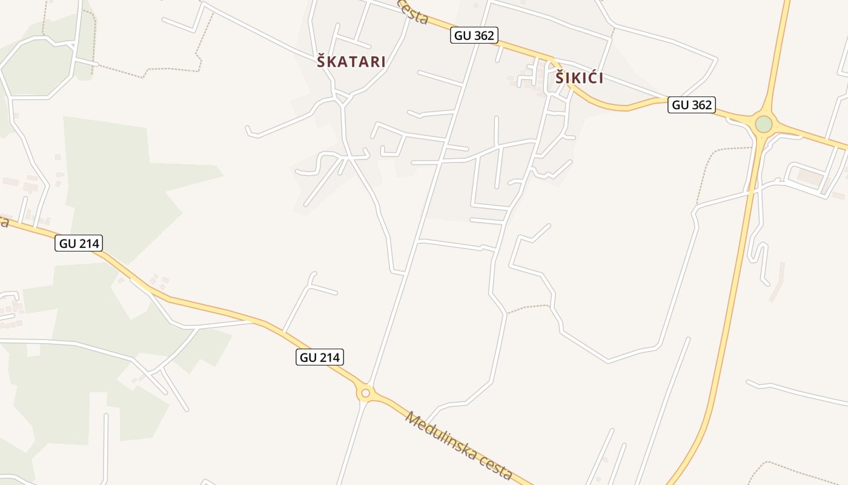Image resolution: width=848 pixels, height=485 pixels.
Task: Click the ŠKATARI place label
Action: click(x=351, y=61)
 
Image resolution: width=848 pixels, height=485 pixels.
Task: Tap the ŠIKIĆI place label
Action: click(x=579, y=78)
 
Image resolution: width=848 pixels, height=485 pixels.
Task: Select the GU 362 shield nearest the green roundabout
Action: click(x=692, y=105)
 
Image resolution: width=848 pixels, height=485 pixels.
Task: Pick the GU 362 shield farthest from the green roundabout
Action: click(x=474, y=35)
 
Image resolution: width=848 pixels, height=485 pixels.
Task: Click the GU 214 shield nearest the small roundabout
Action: click(x=320, y=357)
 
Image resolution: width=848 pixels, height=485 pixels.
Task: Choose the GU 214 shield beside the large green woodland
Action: click(x=79, y=244)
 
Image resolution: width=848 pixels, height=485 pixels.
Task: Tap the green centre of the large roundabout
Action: click(x=763, y=124)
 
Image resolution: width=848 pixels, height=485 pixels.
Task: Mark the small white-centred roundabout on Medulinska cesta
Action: click(x=365, y=393)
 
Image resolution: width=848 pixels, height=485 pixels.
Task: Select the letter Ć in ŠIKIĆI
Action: click(x=590, y=78)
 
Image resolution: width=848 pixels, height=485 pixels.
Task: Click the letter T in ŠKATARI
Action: click(x=351, y=61)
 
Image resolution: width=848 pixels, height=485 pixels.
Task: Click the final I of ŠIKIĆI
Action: click(x=600, y=78)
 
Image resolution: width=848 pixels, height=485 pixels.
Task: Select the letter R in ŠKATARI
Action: click(x=373, y=61)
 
